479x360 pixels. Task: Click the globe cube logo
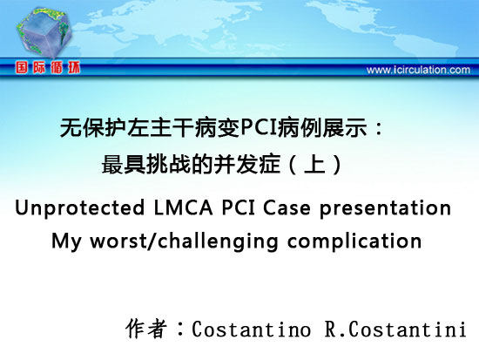tap(44, 32)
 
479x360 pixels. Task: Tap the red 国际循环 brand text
tap(48, 67)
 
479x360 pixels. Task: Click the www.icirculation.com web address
tap(418, 70)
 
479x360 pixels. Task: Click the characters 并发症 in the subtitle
tap(246, 165)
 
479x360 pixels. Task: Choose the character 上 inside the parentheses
tap(314, 165)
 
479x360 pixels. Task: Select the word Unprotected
tap(79, 207)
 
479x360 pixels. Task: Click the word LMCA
tap(183, 207)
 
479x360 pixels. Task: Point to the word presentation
tap(385, 208)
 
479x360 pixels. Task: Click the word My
tap(66, 241)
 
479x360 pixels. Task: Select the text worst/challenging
tap(184, 241)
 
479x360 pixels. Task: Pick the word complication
tap(354, 241)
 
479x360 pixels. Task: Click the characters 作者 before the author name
tap(146, 329)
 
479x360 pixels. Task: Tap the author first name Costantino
tap(252, 329)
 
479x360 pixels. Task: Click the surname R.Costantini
tap(395, 329)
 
